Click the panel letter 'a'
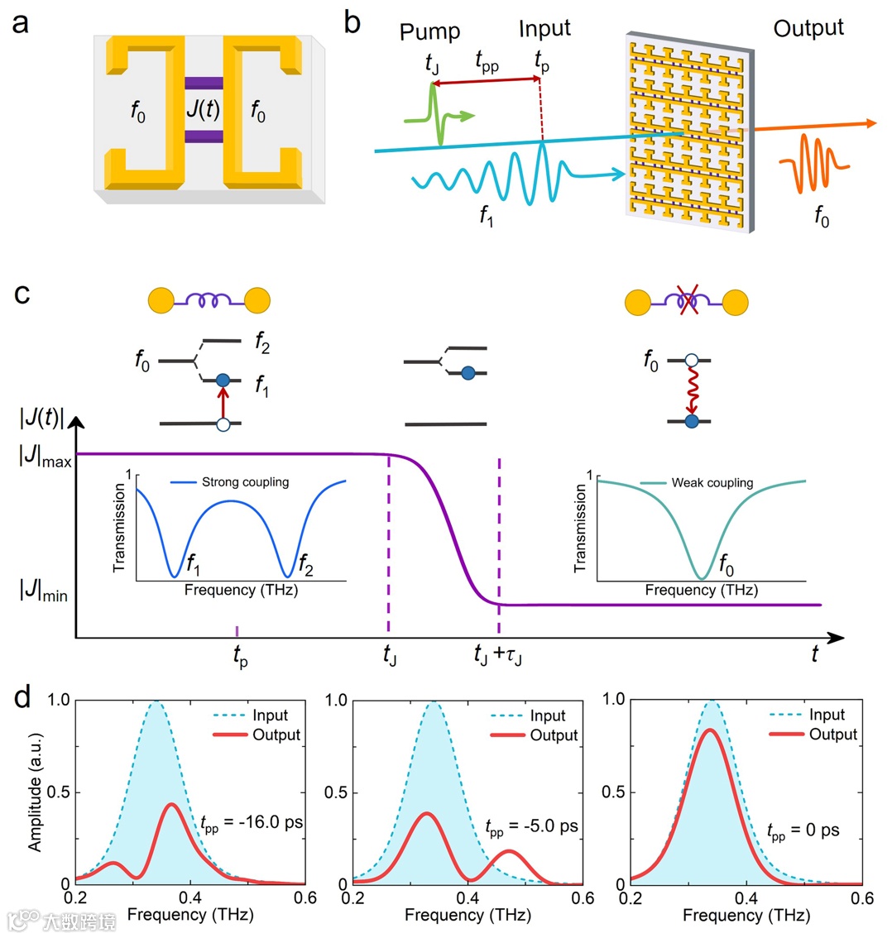pos(20,22)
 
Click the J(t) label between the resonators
pos(203,109)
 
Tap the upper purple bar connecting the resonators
pos(204,83)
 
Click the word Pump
pos(429,31)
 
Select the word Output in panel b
pos(808,28)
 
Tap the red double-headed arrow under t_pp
pos(486,81)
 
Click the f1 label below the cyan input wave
pos(487,217)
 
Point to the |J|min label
pos(45,592)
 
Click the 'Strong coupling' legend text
pos(245,482)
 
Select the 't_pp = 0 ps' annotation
pos(803,830)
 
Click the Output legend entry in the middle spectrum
pos(554,735)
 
